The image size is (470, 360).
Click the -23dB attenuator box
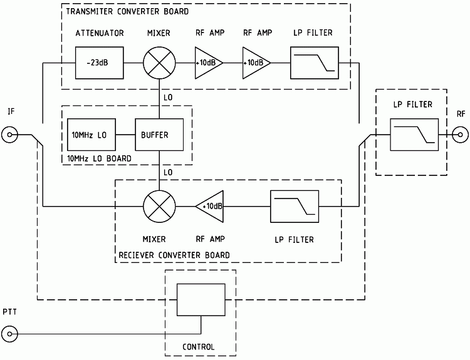tap(98, 63)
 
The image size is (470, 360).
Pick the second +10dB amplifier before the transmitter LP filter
tap(256, 63)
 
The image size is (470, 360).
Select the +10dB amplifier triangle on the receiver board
tap(210, 206)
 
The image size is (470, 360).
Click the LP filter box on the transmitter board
tap(314, 63)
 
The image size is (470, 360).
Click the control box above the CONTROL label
tap(201, 299)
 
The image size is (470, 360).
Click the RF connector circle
tap(460, 135)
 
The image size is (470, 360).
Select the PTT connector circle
tap(11, 333)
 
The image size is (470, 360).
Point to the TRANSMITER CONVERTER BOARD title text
tap(126, 11)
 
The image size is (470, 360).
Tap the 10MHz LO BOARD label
tap(98, 159)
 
